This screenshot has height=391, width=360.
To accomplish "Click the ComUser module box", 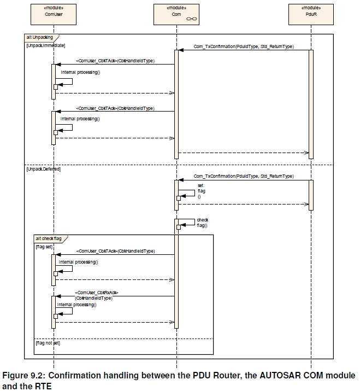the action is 54,14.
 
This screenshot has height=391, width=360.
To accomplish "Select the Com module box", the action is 176,14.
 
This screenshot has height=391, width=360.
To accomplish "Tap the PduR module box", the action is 311,14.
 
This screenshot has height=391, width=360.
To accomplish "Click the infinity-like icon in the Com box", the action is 192,19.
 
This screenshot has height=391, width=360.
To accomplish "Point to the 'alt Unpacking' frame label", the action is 40,37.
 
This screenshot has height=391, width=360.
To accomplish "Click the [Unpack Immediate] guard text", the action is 46,45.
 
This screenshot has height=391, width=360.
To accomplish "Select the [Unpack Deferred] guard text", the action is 44,169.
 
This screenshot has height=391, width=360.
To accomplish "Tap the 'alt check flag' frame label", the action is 49,238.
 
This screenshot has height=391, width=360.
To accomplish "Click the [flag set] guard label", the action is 44,247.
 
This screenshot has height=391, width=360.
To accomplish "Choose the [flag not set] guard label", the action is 48,343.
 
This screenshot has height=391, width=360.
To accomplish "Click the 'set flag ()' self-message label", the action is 201,191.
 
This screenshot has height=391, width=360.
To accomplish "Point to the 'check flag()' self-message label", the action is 203,223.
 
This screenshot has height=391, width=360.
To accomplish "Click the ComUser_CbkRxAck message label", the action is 96,295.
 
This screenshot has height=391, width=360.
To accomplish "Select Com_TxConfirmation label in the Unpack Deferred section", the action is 244,176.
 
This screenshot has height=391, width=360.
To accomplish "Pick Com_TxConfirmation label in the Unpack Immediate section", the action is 244,46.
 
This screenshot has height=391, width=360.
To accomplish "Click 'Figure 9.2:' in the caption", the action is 24,375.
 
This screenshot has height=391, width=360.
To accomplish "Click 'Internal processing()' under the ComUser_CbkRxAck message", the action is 76,305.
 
